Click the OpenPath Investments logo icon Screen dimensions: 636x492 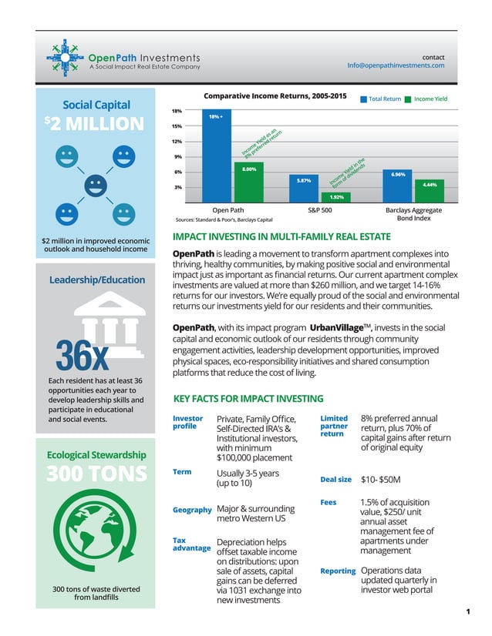[66, 59]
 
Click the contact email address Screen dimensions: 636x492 [396, 65]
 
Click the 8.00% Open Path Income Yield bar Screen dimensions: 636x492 [248, 182]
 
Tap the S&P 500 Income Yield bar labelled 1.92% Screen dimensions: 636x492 [335, 197]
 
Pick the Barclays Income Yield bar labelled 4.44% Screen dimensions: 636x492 [430, 189]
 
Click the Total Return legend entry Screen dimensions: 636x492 [382, 99]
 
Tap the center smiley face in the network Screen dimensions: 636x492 [95, 184]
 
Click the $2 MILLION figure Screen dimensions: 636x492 [94, 125]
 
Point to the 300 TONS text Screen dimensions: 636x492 [94, 474]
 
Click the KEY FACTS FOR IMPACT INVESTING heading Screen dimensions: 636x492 [248, 399]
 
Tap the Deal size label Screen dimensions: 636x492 [335, 480]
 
